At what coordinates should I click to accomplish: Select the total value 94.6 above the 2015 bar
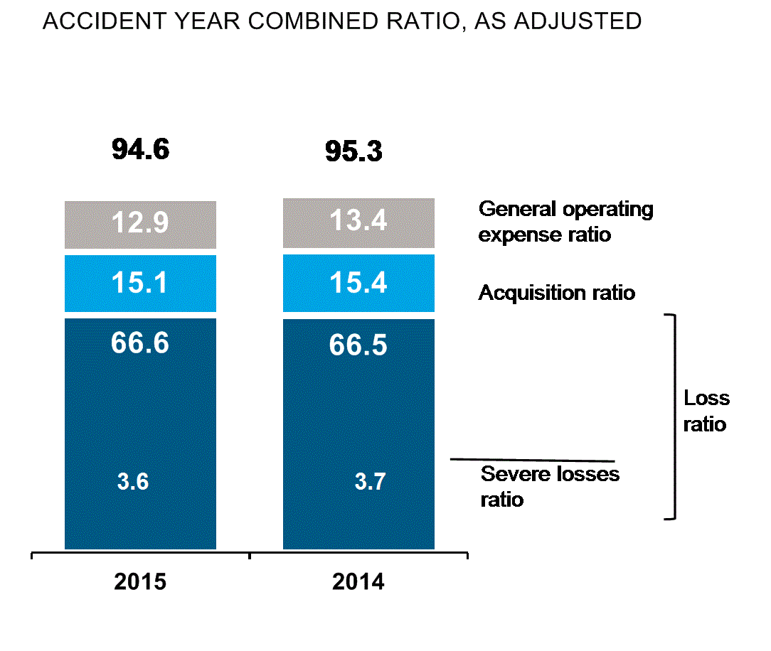[140, 150]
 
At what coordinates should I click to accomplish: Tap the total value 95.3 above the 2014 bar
[353, 151]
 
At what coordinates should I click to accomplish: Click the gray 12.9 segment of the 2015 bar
[140, 224]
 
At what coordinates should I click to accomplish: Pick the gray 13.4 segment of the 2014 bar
[358, 222]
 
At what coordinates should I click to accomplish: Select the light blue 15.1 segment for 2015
[140, 283]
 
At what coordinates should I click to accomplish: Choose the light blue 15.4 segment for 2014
[358, 283]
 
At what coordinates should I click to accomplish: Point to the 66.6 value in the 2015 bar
[140, 343]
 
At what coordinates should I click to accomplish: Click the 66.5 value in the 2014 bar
[358, 345]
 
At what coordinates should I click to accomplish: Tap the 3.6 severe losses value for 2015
[132, 482]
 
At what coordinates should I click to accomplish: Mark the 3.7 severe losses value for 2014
[370, 482]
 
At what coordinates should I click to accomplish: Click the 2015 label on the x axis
[140, 582]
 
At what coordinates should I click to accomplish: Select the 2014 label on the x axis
[358, 582]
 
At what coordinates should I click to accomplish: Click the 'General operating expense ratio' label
[565, 221]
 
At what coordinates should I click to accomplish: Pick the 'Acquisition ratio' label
[556, 293]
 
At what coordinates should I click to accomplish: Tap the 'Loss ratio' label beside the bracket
[706, 411]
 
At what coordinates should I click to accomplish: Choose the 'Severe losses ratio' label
[550, 486]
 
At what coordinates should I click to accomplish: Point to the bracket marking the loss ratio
[673, 416]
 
